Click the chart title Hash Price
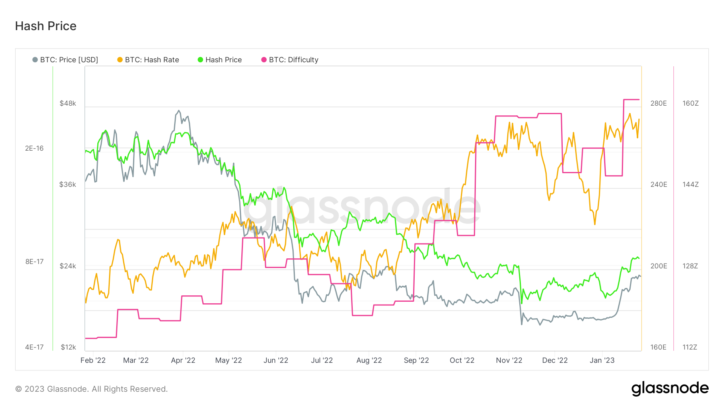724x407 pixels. point(45,26)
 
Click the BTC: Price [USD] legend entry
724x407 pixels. point(65,60)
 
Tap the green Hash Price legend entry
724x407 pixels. point(220,60)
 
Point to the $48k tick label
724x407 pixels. point(68,103)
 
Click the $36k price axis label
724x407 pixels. point(68,184)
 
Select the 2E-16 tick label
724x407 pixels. point(34,148)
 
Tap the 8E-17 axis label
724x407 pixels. point(34,262)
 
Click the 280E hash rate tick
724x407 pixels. point(658,103)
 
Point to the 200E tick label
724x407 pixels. point(658,266)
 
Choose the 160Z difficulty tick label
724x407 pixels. point(690,103)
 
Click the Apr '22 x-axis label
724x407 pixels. point(183,360)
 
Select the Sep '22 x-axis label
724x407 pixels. point(416,360)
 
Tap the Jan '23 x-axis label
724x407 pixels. point(602,360)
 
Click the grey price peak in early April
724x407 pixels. point(179,111)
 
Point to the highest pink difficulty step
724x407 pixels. point(631,99)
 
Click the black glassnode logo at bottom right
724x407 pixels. point(670,389)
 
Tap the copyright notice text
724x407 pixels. point(91,389)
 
